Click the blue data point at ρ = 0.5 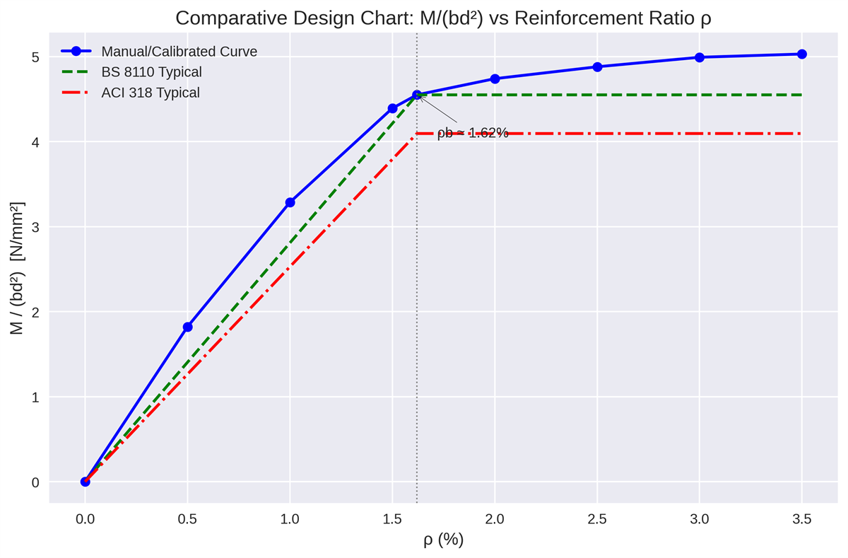point(187,327)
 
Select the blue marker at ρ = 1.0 point(290,202)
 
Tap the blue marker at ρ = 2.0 point(495,79)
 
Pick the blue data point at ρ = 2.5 point(597,66)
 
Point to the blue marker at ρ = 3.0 point(700,57)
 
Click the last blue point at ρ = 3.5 point(801,54)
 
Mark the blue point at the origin point(86,482)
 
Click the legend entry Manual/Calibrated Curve point(179,52)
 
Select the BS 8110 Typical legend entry point(151,72)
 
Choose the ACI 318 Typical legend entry point(151,93)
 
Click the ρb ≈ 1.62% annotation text point(473,133)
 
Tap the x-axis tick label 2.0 point(495,520)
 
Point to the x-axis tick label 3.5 point(801,520)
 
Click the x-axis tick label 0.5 point(187,520)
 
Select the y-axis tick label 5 point(34,57)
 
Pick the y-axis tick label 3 point(34,227)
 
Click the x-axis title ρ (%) point(443,540)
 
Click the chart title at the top point(443,18)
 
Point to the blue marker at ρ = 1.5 point(392,108)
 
